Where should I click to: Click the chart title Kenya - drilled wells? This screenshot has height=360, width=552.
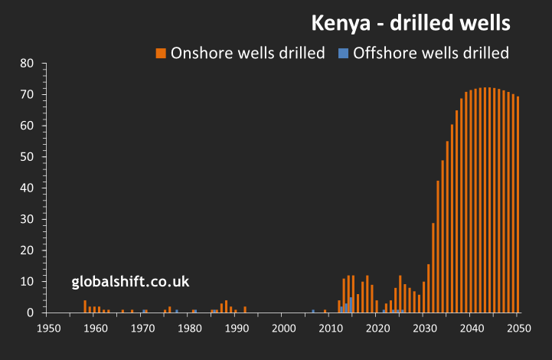[410, 24]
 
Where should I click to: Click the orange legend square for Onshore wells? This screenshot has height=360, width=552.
[161, 53]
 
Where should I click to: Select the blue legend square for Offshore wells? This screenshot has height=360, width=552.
[344, 53]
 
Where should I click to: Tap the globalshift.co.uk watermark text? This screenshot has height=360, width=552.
[130, 283]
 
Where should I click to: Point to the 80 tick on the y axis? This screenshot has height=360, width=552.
[28, 63]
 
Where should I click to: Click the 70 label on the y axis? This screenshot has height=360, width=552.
[28, 94]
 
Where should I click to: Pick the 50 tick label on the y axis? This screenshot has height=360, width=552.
[28, 156]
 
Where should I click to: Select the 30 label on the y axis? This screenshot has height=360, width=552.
[28, 219]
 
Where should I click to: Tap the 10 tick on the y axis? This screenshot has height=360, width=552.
[28, 282]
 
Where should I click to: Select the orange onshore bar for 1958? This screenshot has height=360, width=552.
[85, 306]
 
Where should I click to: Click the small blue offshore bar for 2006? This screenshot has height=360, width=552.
[313, 311]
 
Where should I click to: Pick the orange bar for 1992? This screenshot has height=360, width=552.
[245, 309]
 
